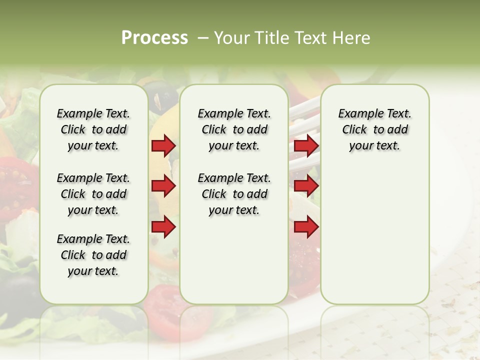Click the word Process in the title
[x=154, y=37]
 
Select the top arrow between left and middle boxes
[x=163, y=146]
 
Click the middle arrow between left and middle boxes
[x=163, y=186]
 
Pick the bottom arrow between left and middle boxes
[x=163, y=227]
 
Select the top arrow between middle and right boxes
[x=306, y=146]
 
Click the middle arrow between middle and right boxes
[x=306, y=186]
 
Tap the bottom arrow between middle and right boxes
[x=306, y=227]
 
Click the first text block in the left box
[x=93, y=129]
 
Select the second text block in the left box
[x=93, y=194]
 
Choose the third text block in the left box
[x=93, y=255]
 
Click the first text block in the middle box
[x=234, y=129]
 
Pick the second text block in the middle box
[x=234, y=194]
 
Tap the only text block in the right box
[x=374, y=129]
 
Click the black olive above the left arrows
[x=164, y=95]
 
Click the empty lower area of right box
[x=374, y=235]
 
